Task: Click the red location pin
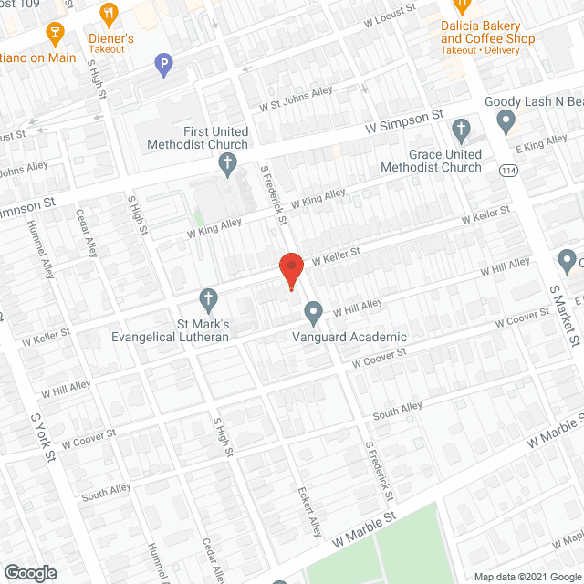tap(290, 268)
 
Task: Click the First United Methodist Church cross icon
tap(228, 165)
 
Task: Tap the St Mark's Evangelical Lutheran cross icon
tap(209, 298)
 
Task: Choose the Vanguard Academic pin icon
tap(314, 313)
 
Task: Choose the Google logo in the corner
tap(29, 573)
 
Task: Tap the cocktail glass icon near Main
tap(54, 35)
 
